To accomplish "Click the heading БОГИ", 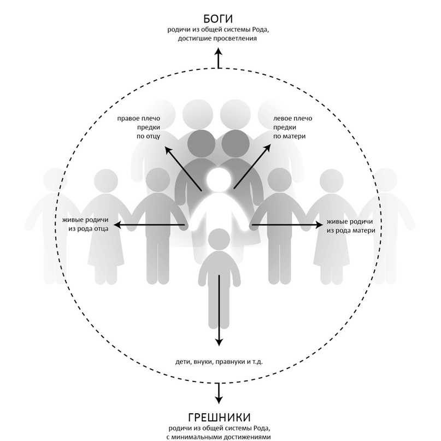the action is (x=218, y=19).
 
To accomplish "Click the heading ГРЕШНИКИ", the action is (x=219, y=418).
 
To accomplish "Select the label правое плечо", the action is (x=139, y=119).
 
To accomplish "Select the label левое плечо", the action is (x=292, y=119).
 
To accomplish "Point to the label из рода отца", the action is (x=89, y=229).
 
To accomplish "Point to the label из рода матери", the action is (x=351, y=231).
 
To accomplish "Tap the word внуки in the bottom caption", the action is (x=204, y=362).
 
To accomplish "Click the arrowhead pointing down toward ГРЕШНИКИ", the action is (x=219, y=399).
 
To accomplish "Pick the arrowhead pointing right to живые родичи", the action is (x=320, y=225).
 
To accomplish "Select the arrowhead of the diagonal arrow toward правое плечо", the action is (x=168, y=150).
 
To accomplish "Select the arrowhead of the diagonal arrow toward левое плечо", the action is (x=267, y=148).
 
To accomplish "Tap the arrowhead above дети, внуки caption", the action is (x=219, y=342).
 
